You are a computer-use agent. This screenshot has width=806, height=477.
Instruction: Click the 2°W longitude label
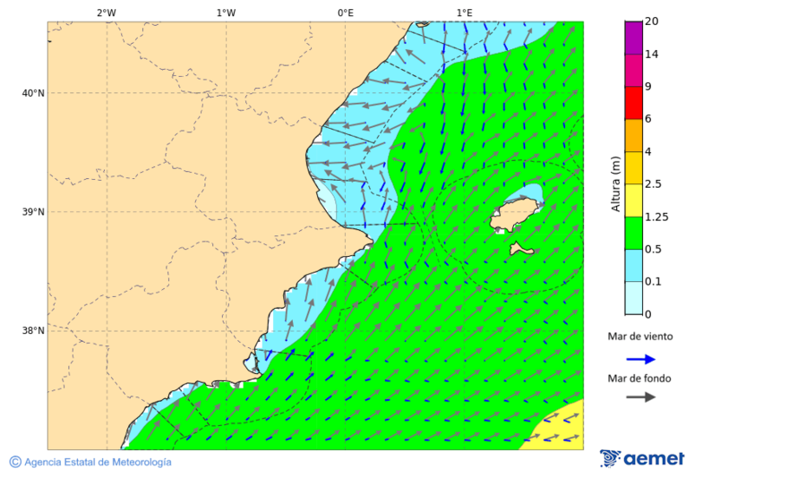click(x=106, y=13)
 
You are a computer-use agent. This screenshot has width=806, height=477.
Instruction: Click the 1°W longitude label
click(x=226, y=13)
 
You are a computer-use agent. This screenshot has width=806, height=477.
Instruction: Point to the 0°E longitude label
click(x=345, y=13)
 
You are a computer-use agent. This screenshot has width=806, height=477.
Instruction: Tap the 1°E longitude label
click(x=464, y=13)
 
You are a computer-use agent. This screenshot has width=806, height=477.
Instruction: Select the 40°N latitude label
click(x=33, y=93)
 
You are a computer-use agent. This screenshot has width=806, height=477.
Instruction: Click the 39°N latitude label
click(x=33, y=212)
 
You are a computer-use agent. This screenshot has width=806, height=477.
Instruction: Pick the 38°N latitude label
click(x=33, y=330)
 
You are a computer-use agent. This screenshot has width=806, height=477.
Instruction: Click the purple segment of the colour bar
click(x=633, y=38)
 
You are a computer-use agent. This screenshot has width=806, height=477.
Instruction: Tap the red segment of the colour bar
click(x=633, y=103)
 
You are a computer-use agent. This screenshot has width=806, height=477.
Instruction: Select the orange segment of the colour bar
click(x=633, y=135)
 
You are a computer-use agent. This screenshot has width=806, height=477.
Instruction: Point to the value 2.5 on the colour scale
click(x=653, y=184)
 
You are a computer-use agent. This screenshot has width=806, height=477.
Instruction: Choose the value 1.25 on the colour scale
click(x=656, y=217)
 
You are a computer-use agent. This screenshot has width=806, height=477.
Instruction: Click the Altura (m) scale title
click(x=615, y=183)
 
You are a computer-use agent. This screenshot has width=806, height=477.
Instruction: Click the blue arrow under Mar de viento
click(x=640, y=359)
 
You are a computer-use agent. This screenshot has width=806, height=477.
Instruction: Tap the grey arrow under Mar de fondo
click(x=640, y=397)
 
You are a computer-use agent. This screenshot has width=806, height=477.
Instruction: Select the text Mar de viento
click(x=639, y=337)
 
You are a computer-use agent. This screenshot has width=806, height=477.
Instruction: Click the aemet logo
click(x=642, y=458)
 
